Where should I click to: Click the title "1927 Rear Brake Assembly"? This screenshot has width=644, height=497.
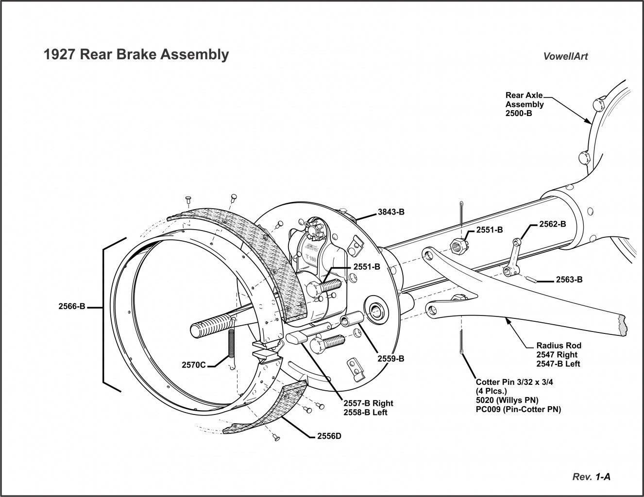click(136, 54)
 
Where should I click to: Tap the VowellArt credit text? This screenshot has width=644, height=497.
click(565, 56)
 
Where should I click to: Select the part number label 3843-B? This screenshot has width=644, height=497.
click(391, 212)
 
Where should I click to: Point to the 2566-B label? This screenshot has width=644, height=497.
click(72, 306)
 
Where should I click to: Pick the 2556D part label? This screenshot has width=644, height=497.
click(329, 435)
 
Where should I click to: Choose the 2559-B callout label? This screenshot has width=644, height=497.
click(391, 359)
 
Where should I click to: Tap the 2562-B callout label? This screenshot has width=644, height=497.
click(553, 225)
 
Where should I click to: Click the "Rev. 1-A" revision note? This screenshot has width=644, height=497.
click(592, 477)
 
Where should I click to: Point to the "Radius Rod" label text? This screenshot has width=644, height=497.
click(559, 346)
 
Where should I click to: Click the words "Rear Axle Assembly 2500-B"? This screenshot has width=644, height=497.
click(525, 104)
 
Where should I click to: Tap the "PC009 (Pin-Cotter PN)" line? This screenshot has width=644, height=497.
click(518, 410)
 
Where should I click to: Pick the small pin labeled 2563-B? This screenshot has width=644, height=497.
click(532, 279)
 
